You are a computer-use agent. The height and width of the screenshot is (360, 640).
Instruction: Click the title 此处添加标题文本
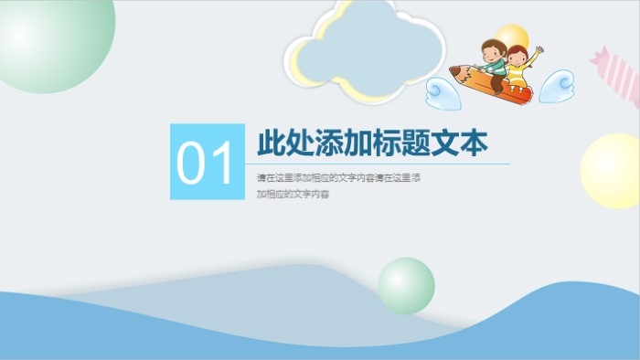click(372, 143)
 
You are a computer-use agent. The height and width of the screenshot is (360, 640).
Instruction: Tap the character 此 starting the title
click(272, 143)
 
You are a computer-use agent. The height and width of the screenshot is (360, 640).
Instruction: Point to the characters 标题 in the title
click(387, 143)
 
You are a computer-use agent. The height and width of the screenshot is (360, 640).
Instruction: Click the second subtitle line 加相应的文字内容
click(292, 195)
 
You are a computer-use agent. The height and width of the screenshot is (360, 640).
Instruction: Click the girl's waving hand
click(539, 50)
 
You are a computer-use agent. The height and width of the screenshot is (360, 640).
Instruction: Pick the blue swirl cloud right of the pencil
click(557, 88)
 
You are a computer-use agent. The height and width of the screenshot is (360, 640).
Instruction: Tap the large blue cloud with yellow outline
click(366, 50)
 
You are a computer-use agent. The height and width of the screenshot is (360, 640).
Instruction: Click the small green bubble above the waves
click(406, 285)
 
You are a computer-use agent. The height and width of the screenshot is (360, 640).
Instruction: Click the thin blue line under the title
click(384, 164)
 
